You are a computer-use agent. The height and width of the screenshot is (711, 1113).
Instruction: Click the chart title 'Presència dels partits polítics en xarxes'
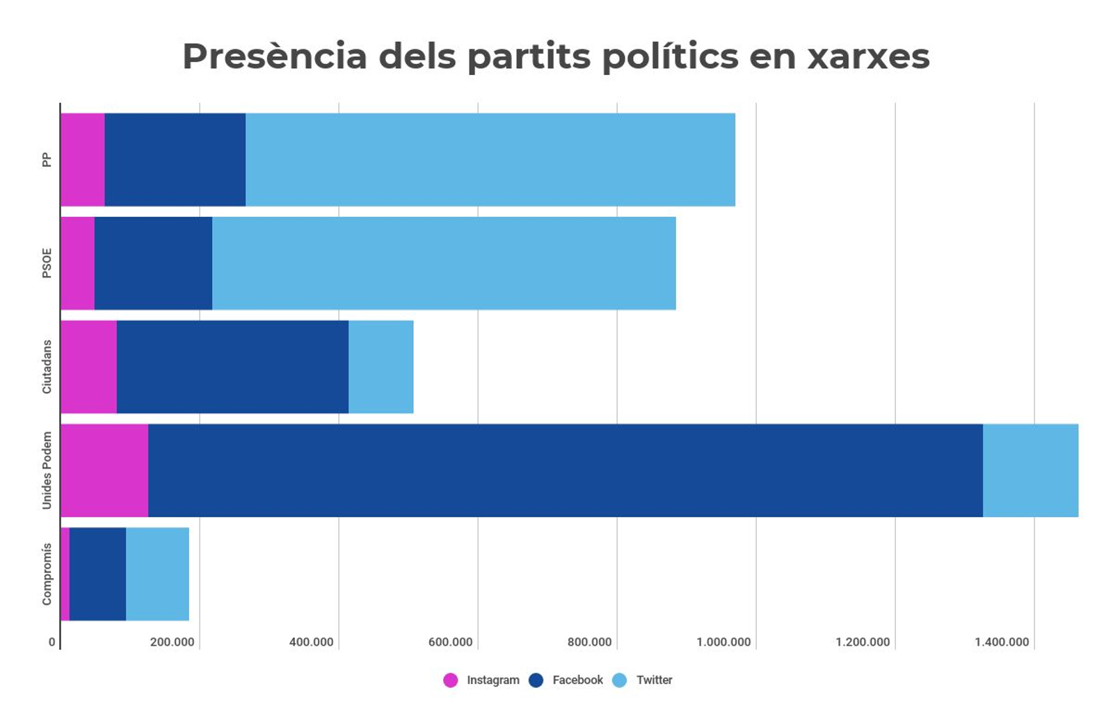pyautogui.click(x=556, y=56)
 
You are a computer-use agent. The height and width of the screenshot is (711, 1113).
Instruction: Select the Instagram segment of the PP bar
pyautogui.click(x=83, y=160)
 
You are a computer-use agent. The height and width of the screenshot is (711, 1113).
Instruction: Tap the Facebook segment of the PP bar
pyautogui.click(x=175, y=160)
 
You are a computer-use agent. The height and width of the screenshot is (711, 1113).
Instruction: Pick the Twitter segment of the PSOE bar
pyautogui.click(x=444, y=263)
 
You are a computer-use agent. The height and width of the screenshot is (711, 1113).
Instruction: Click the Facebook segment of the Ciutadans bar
pyautogui.click(x=232, y=367)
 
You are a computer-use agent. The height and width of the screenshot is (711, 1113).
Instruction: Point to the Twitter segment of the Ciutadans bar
pyautogui.click(x=381, y=367)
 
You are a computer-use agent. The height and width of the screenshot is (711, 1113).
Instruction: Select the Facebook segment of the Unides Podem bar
pyautogui.click(x=566, y=471)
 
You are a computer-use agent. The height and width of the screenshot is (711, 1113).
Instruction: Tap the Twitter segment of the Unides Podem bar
pyautogui.click(x=1030, y=471)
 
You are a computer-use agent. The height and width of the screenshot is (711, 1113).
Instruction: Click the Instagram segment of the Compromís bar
pyautogui.click(x=65, y=574)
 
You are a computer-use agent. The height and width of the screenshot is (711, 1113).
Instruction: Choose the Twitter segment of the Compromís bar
pyautogui.click(x=157, y=574)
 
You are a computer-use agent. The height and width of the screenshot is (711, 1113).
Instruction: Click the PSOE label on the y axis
pyautogui.click(x=47, y=263)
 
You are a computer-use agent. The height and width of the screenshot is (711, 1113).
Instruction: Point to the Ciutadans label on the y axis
pyautogui.click(x=47, y=367)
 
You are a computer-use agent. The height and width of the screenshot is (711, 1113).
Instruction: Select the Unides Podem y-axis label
pyautogui.click(x=47, y=471)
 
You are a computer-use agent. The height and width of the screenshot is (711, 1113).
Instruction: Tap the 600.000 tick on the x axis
pyautogui.click(x=450, y=642)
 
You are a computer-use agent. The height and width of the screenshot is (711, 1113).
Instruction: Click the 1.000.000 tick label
pyautogui.click(x=723, y=642)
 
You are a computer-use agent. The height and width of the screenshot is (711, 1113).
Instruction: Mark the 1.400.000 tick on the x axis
pyautogui.click(x=1002, y=642)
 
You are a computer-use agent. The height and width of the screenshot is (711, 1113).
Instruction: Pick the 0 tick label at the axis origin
pyautogui.click(x=52, y=642)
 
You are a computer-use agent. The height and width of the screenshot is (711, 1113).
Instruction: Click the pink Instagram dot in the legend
pyautogui.click(x=451, y=680)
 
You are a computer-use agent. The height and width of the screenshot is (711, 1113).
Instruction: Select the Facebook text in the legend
pyautogui.click(x=577, y=680)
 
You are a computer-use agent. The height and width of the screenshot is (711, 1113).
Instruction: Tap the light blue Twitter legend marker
pyautogui.click(x=620, y=680)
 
